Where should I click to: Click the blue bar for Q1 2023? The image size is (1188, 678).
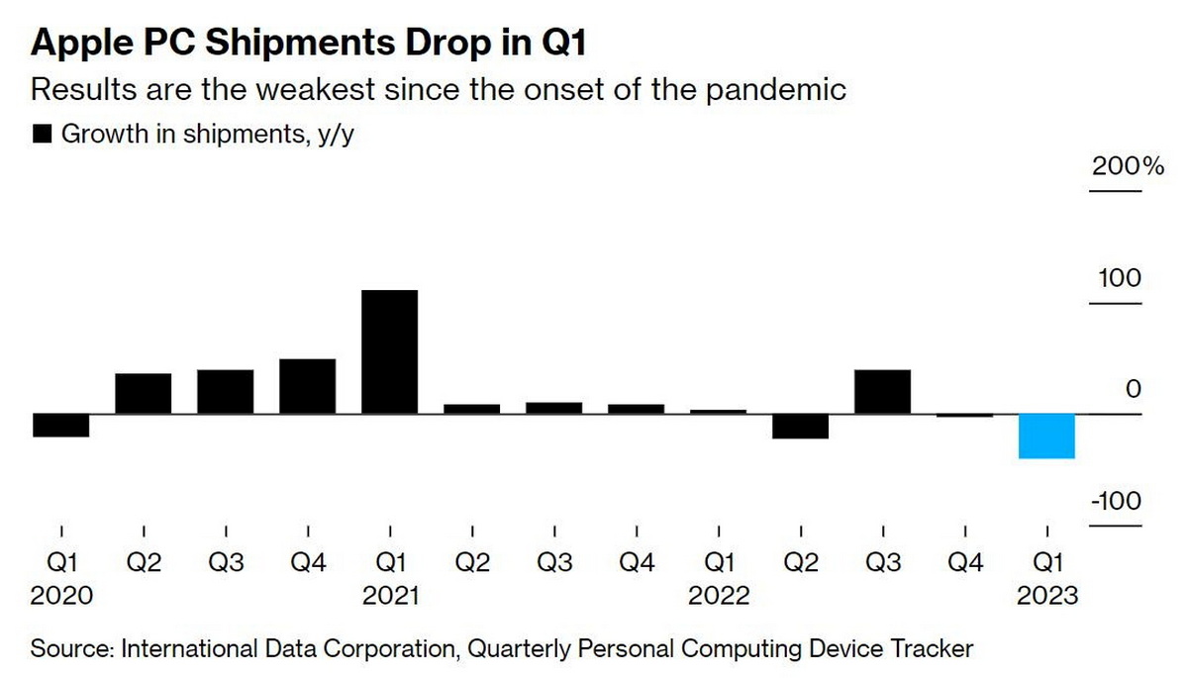[1047, 436]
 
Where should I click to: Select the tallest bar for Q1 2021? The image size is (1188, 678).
[389, 351]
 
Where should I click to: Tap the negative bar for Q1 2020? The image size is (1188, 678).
[61, 425]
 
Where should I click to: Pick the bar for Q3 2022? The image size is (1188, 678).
[882, 391]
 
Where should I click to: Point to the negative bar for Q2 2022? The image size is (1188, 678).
[800, 426]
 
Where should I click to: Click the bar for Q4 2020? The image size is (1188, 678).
[307, 386]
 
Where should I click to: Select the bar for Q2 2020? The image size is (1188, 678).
[144, 393]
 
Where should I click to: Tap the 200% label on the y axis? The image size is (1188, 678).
[1128, 165]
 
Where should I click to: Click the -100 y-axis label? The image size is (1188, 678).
[1116, 501]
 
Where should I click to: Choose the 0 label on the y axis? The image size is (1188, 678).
[1133, 390]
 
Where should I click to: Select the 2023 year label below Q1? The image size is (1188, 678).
[1047, 596]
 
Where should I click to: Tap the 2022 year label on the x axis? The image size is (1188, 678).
[719, 596]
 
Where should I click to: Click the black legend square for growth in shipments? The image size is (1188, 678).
[43, 135]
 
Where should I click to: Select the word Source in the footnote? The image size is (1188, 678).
[71, 649]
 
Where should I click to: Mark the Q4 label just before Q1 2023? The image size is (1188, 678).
[965, 562]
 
